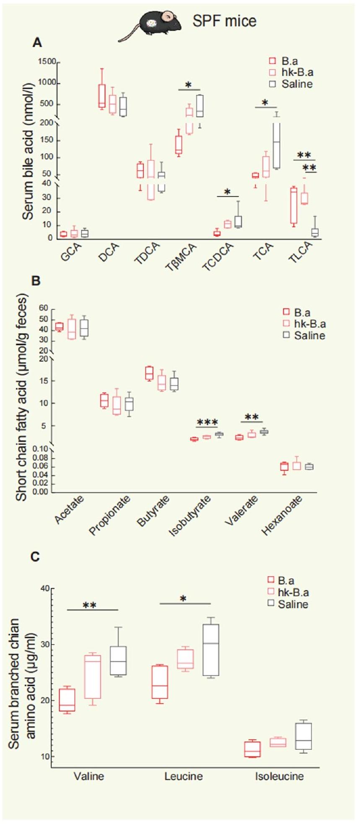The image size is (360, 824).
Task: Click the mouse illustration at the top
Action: pos(151,24)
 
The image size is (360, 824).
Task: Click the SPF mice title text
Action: pos(224,21)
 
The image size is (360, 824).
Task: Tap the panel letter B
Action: pos(36,281)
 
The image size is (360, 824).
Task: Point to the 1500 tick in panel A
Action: pos(47,62)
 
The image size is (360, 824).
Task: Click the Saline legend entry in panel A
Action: pos(292,84)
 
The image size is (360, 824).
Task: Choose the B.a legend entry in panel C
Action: pos(281,580)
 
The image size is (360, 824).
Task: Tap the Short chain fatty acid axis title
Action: pos(21,397)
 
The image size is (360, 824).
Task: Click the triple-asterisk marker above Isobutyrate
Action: pos(207,422)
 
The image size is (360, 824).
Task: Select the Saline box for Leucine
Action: pos(211,650)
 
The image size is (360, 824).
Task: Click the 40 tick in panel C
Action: pos(44,589)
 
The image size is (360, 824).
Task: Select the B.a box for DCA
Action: pos(102,96)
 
